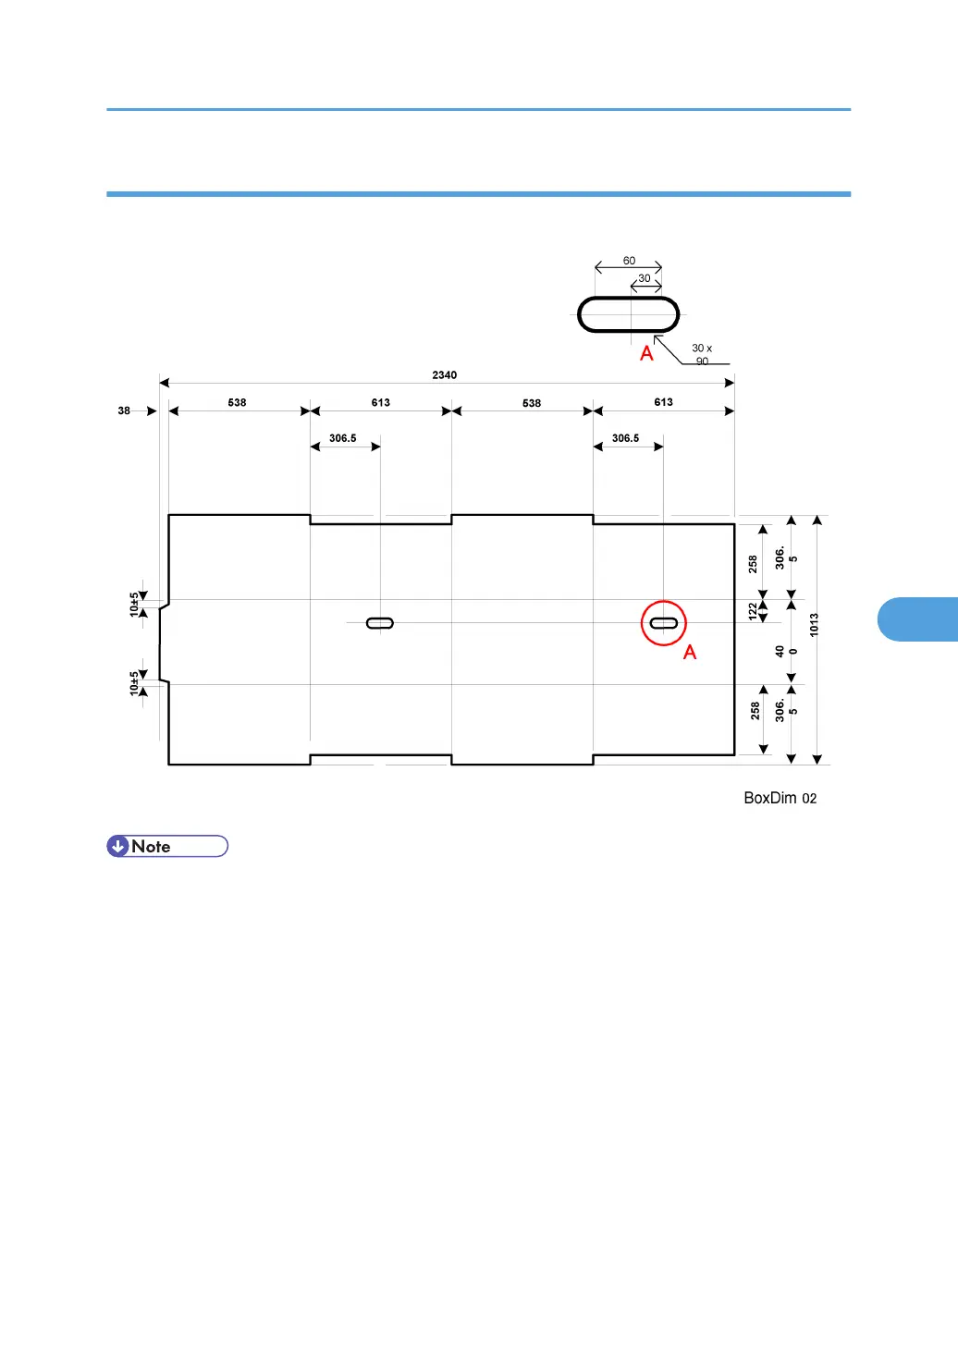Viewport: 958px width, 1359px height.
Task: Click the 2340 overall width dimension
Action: coord(444,375)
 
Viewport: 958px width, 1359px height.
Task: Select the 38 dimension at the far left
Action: coord(124,410)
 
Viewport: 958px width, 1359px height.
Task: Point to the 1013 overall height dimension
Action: coord(815,625)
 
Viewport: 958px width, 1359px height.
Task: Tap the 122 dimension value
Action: coord(753,610)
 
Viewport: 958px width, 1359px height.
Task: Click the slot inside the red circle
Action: coord(664,623)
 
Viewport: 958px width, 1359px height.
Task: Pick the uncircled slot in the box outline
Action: coord(380,623)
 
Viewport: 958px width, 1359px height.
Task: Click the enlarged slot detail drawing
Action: coord(629,314)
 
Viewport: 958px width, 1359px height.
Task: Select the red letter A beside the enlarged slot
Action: coord(647,353)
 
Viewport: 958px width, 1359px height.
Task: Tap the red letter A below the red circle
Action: coord(690,653)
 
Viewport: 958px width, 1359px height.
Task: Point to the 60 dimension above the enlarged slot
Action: coord(629,261)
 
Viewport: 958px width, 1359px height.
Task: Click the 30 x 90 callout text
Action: coord(702,354)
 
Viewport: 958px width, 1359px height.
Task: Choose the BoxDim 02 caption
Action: coord(780,798)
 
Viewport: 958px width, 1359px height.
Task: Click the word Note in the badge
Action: coord(151,846)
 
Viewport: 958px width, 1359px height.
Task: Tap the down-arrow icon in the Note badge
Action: coord(118,846)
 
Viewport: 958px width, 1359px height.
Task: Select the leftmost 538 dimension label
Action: coord(237,402)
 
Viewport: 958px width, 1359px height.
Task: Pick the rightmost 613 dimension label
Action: coord(663,402)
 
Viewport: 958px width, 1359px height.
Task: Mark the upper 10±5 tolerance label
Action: coord(134,604)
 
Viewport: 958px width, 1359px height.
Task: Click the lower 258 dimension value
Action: coord(755,711)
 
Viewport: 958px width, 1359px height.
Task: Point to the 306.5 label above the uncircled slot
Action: coord(342,438)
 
